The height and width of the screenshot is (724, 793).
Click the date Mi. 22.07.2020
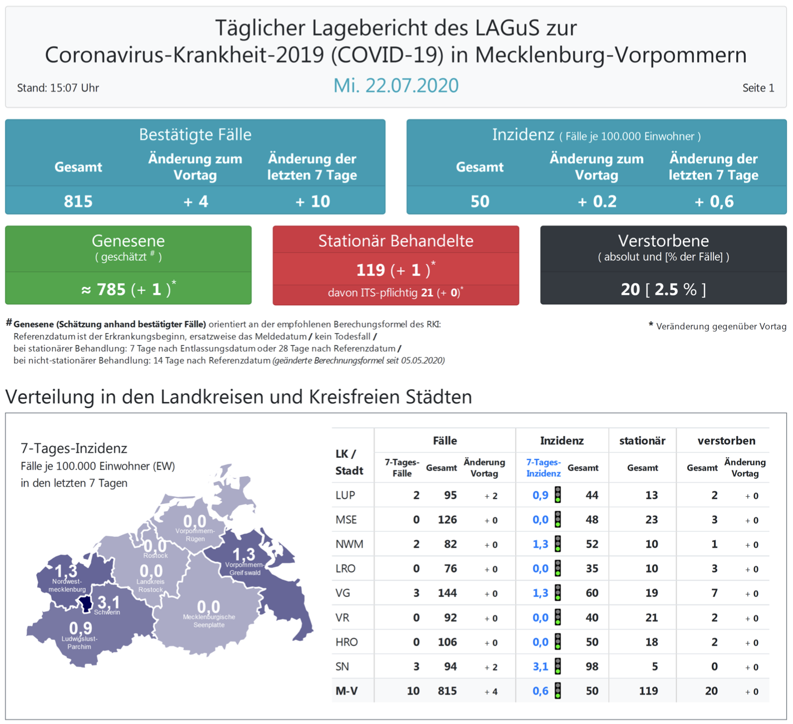396,85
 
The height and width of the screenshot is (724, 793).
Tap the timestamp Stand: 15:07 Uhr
58,88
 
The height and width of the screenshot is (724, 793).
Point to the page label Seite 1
758,88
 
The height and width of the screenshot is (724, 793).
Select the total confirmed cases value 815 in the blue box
78,201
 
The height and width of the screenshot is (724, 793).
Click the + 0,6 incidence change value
713,202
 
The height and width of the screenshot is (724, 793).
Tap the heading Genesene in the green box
128,241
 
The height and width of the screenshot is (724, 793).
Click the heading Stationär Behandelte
395,241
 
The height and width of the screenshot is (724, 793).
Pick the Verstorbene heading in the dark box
663,241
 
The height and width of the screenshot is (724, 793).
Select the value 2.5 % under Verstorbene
675,289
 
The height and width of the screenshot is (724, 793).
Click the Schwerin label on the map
107,613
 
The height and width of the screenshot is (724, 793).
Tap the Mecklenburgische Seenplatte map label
209,621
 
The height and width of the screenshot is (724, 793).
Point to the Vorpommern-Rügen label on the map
195,535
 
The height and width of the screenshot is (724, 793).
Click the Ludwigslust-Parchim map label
79,643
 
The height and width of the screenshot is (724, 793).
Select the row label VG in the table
343,593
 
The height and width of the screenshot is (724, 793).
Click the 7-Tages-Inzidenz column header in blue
543,468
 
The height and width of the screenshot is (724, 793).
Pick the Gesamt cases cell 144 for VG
447,593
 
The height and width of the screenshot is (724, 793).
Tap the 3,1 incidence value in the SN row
540,667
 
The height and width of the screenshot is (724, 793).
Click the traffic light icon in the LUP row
557,495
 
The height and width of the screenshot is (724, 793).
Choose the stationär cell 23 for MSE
651,520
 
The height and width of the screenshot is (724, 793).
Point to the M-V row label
346,691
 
